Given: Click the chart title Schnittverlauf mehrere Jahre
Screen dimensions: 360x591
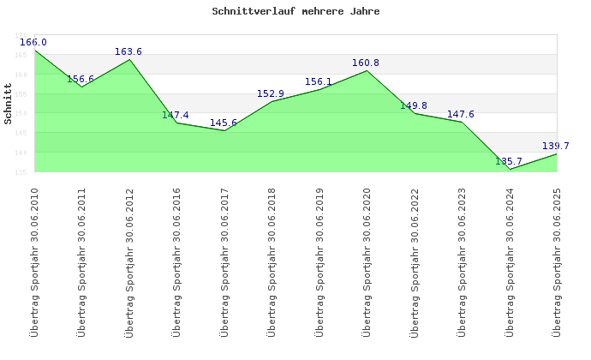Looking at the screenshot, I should (x=295, y=12).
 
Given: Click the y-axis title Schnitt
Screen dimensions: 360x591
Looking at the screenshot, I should (x=8, y=103).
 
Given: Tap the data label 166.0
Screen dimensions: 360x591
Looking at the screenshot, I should (x=33, y=42).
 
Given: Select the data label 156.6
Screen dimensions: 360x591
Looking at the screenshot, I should (x=81, y=79).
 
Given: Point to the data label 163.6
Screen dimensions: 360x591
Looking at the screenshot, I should (x=128, y=51).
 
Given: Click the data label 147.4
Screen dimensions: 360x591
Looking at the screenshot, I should (x=176, y=115).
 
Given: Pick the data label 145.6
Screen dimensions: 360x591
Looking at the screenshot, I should (x=224, y=123).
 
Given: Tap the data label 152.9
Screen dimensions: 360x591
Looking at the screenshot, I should (x=271, y=93).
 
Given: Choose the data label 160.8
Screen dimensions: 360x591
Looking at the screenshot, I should (x=366, y=63).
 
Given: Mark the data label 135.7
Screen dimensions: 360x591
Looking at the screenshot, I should (x=509, y=161).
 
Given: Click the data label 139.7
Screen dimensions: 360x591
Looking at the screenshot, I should (x=556, y=146).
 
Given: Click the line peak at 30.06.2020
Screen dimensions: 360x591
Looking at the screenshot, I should (x=367, y=70).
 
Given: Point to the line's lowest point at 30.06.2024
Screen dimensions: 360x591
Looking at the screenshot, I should (x=510, y=169).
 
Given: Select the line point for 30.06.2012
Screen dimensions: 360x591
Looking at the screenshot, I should (x=129, y=59).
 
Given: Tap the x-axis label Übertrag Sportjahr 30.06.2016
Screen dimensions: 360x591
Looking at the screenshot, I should (x=177, y=261).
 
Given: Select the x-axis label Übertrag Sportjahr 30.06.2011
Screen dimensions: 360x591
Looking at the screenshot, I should (x=82, y=261).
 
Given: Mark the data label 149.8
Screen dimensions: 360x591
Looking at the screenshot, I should (x=414, y=105).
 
